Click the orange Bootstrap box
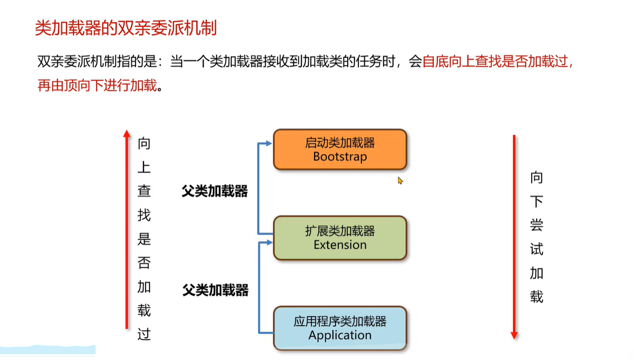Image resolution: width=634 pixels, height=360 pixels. [x=339, y=149]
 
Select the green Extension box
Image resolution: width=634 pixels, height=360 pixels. [x=339, y=238]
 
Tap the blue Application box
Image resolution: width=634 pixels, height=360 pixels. [x=339, y=328]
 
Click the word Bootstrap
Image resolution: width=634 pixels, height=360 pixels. [x=340, y=157]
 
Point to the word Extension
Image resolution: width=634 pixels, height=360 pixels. [x=340, y=245]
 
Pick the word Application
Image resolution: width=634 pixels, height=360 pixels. [x=340, y=335]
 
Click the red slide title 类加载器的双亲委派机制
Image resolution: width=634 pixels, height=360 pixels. [x=126, y=28]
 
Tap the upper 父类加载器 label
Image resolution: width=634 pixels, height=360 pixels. [x=215, y=191]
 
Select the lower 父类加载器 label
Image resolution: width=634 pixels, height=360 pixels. [x=215, y=291]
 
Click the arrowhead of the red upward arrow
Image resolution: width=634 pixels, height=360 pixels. [x=127, y=133]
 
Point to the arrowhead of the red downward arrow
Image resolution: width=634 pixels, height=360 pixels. [x=514, y=335]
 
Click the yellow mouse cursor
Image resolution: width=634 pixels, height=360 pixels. [x=400, y=181]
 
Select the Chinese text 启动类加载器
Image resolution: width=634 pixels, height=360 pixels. [x=340, y=143]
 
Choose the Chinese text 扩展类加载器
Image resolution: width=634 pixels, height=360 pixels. [x=340, y=231]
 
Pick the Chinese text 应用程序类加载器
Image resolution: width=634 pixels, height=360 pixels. [x=340, y=322]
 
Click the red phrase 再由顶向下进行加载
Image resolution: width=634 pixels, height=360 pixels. [x=97, y=86]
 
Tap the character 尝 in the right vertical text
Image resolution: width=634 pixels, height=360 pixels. [x=536, y=226]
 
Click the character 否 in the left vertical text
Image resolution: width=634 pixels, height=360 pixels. [x=144, y=263]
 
